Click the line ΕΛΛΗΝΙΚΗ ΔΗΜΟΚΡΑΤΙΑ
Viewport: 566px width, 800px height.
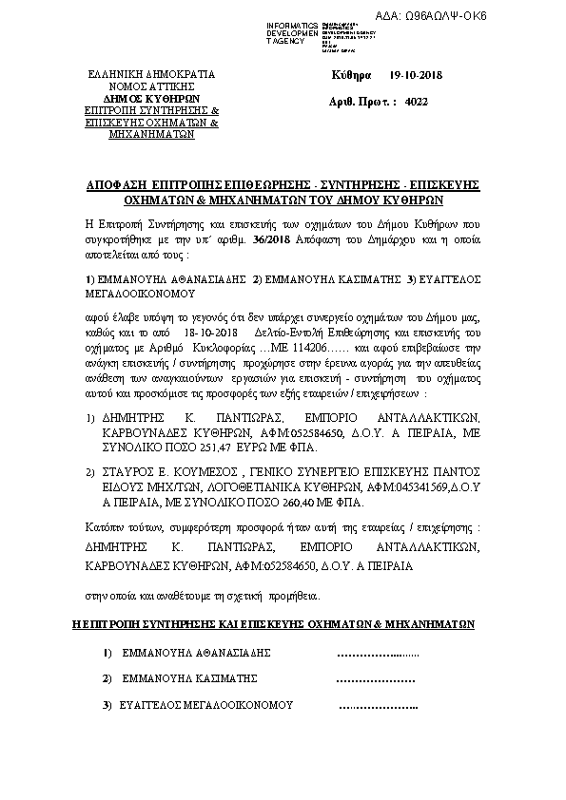point(152,74)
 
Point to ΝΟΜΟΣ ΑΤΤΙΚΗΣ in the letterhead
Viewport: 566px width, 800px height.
point(152,86)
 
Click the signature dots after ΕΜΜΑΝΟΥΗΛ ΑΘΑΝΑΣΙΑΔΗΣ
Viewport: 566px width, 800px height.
point(379,654)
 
